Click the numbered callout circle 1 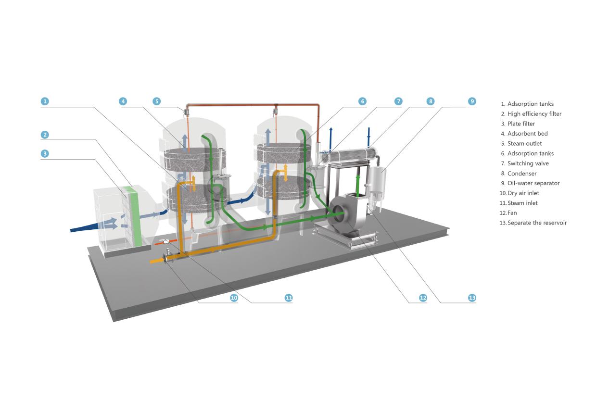(x=45, y=101)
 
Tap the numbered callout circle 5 (x=157, y=101)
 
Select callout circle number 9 (x=472, y=101)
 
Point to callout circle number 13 (x=472, y=298)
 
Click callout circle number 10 (x=234, y=298)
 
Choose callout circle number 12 (x=423, y=298)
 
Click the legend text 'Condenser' (x=521, y=174)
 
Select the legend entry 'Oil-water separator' (x=533, y=183)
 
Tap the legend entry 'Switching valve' (x=528, y=163)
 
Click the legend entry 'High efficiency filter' (x=534, y=114)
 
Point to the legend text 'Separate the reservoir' (x=537, y=223)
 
